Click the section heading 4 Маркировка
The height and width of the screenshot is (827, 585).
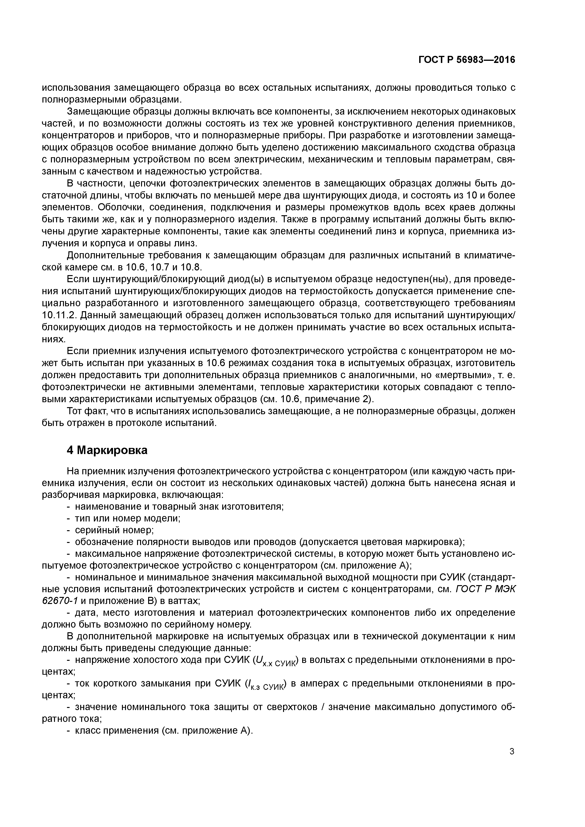[x=107, y=450]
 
